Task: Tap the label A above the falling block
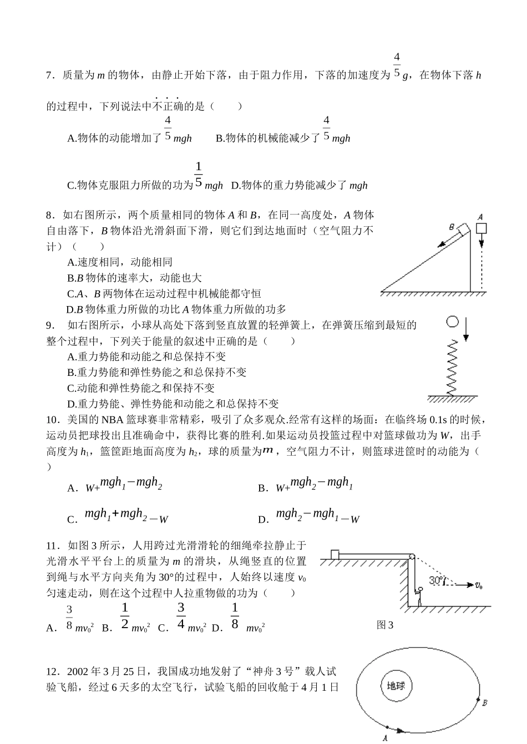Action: [480, 217]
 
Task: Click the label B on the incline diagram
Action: [452, 227]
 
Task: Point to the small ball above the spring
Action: [453, 322]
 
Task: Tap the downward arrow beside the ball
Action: [466, 329]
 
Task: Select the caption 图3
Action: [384, 625]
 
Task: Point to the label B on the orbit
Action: [484, 703]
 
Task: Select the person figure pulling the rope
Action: [419, 597]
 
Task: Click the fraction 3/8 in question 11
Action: [69, 617]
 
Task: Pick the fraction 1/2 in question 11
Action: [125, 616]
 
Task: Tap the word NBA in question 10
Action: [110, 420]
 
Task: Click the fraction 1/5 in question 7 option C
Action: [199, 175]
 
